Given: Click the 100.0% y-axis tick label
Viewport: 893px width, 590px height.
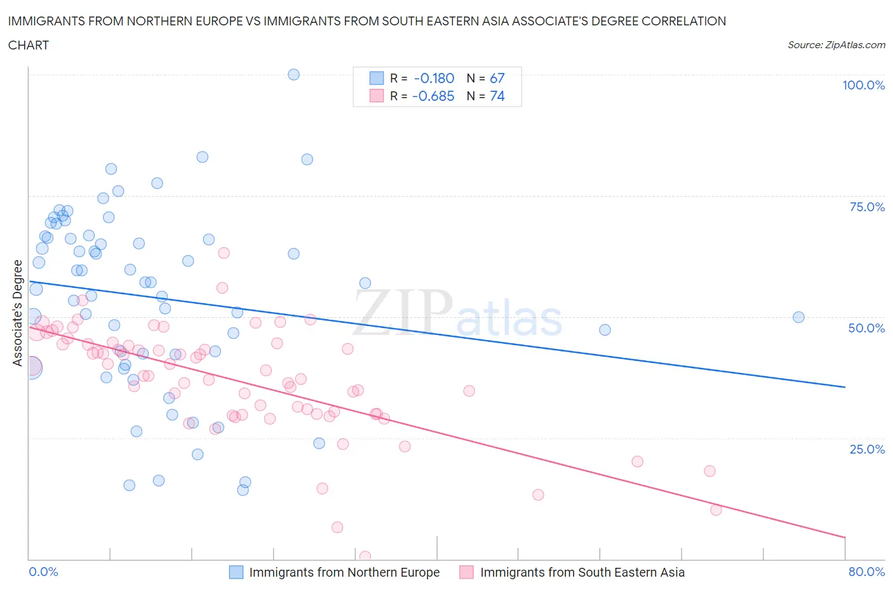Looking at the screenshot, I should [863, 85].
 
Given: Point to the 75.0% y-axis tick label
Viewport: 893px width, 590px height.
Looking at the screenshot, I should [867, 207].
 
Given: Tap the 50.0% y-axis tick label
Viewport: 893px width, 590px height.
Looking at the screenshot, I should [866, 328].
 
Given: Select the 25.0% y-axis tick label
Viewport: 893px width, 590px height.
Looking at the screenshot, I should [867, 449].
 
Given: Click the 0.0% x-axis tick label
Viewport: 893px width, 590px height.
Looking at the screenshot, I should [43, 572].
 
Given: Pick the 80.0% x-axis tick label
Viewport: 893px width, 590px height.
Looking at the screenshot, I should [866, 572].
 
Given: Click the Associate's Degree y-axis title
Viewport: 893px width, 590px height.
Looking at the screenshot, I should [18, 313].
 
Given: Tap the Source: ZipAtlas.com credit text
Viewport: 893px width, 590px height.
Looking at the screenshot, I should [836, 44].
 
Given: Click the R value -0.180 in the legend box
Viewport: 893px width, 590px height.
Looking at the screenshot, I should [434, 78].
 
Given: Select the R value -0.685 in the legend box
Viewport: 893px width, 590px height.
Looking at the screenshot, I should [433, 96].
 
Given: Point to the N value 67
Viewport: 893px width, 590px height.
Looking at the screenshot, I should [497, 78].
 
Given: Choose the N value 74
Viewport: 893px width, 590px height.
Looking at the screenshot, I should [497, 96].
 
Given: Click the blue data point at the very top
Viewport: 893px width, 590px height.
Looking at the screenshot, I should [293, 74].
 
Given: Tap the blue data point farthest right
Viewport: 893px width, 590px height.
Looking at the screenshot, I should [798, 317].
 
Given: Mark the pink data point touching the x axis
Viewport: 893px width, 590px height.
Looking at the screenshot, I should [365, 556].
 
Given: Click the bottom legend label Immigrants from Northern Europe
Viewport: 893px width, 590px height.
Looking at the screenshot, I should [344, 572].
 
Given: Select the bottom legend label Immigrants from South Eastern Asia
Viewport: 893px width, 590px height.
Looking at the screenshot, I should [582, 572].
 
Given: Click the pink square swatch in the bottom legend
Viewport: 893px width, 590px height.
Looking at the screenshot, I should [467, 572].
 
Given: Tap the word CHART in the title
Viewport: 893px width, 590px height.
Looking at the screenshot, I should [29, 45].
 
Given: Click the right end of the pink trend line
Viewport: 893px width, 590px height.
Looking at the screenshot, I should [845, 537].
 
